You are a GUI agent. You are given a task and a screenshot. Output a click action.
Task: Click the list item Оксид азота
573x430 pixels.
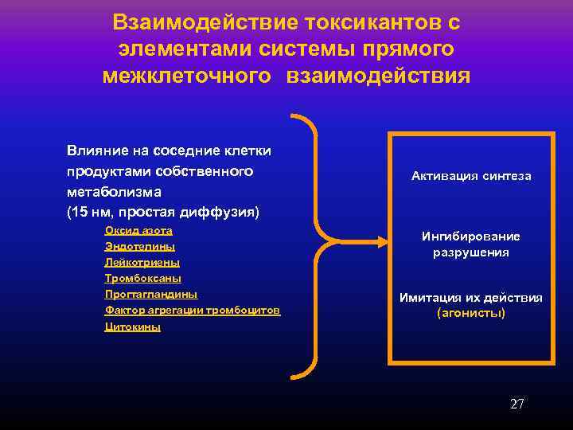coord(138,230)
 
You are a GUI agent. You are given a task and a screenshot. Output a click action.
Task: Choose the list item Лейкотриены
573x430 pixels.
coord(142,262)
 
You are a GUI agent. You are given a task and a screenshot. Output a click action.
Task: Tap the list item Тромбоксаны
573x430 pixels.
coord(143,278)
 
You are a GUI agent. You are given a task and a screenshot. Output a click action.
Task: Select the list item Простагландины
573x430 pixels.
coord(151,294)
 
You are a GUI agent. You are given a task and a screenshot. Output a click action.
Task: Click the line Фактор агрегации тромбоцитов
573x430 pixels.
coord(192,310)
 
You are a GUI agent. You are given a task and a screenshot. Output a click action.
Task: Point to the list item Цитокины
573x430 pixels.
coord(132,326)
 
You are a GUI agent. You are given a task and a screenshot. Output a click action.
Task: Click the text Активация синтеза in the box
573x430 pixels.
coord(471,176)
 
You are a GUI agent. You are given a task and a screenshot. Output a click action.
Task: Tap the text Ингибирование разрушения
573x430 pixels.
coord(471,244)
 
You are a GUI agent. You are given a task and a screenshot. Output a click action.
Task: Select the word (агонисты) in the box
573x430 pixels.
coord(471,313)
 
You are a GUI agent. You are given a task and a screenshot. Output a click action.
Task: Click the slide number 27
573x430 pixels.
coord(516,404)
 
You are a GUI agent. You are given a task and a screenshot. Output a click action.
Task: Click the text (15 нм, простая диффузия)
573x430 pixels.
coord(163,213)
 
